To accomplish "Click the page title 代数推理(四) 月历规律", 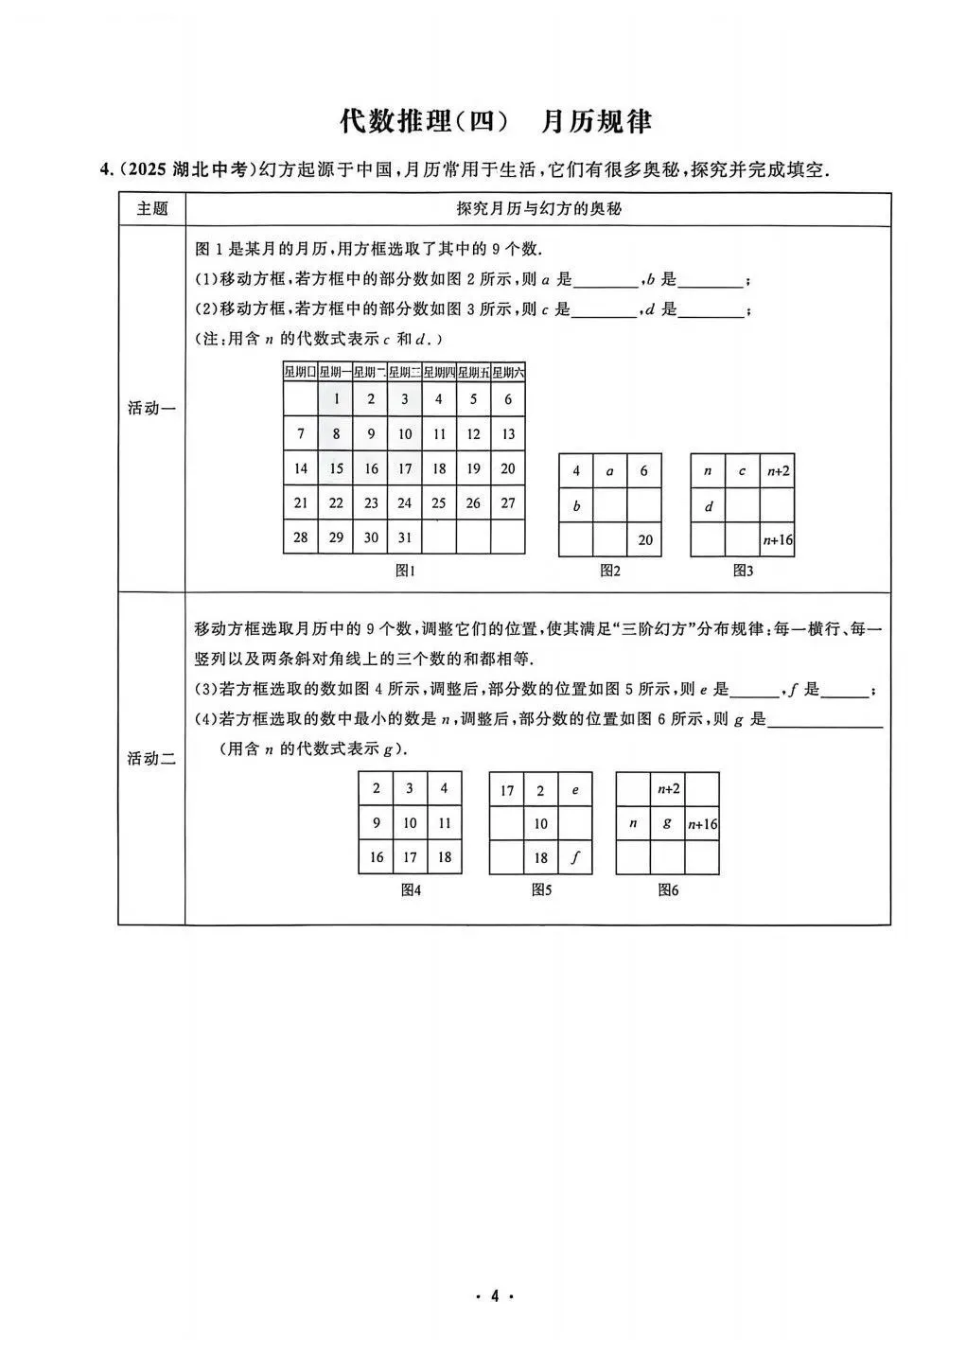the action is (496, 122).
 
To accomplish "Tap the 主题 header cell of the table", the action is (151, 208).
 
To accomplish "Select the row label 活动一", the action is (151, 408).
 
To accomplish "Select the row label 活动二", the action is (151, 758).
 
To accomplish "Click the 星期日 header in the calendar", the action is (301, 372).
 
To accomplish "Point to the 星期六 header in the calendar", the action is (508, 372).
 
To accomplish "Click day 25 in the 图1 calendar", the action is (439, 503).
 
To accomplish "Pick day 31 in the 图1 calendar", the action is (405, 537).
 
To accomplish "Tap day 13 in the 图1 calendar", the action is (508, 434).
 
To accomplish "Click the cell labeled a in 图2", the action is (610, 470).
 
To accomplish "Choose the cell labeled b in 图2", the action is (576, 505).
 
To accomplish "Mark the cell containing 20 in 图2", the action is (645, 540).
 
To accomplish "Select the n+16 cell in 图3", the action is (778, 540).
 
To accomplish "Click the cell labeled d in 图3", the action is (708, 505).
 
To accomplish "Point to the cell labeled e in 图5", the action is (575, 789).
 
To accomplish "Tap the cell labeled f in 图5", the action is (575, 858).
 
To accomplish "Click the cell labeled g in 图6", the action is (668, 823).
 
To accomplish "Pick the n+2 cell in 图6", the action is (668, 788).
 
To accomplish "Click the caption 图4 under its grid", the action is (410, 889).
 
